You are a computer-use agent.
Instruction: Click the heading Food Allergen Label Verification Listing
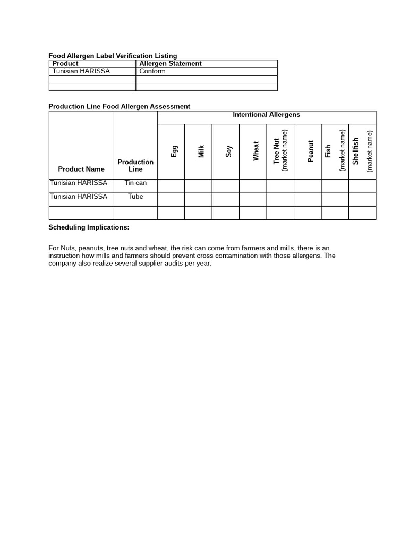coord(113,56)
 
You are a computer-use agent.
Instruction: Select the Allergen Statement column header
coord(170,63)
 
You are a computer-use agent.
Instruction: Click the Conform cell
coord(152,71)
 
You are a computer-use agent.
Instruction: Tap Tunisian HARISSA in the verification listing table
coord(81,71)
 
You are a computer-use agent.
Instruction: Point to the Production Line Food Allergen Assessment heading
coord(119,106)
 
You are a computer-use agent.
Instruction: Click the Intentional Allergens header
coord(266,115)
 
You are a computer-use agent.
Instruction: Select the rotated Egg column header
coord(174,151)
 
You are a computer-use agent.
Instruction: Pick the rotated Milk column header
coord(201,151)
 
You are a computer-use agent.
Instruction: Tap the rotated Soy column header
coord(229,151)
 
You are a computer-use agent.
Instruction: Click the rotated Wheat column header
coord(256,151)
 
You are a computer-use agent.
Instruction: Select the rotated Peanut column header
coord(311,151)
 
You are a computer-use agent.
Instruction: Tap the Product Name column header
coord(81,169)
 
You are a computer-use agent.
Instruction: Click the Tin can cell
coord(135,183)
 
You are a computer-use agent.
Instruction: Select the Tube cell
coord(135,197)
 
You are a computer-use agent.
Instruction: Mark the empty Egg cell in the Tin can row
coord(171,186)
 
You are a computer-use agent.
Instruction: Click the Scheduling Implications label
coord(89,227)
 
